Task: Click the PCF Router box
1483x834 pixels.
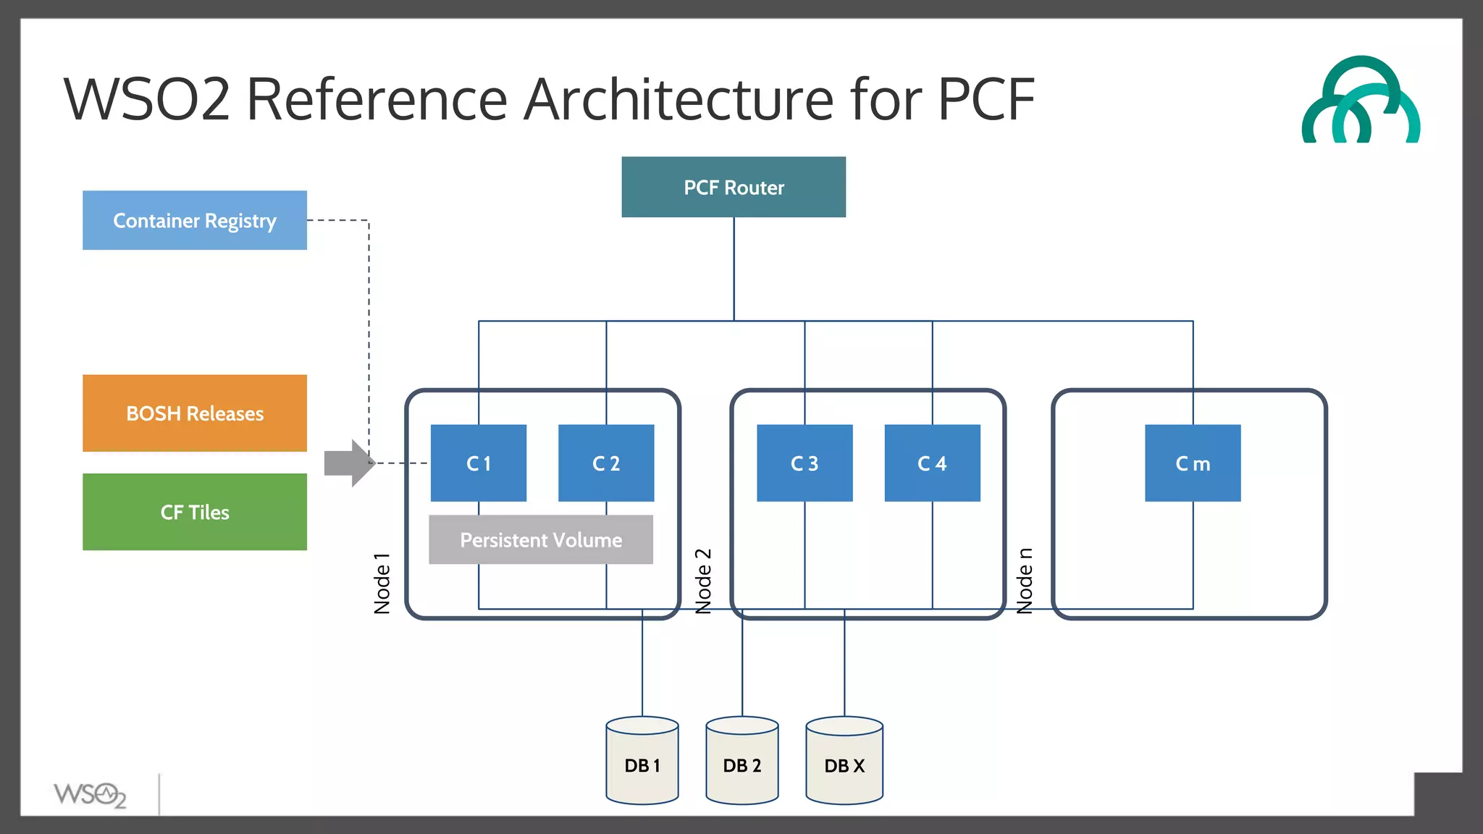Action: (x=733, y=188)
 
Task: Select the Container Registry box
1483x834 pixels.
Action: (x=194, y=220)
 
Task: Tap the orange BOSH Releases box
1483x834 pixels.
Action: (x=194, y=413)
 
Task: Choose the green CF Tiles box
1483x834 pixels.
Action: (x=194, y=512)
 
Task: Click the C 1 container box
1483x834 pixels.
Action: (x=478, y=463)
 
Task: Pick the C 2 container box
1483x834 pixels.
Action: (x=606, y=463)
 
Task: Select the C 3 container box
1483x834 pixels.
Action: (x=804, y=463)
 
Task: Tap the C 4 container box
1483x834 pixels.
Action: (x=932, y=463)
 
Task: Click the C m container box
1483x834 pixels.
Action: (x=1193, y=463)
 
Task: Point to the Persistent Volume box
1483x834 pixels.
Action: (x=541, y=540)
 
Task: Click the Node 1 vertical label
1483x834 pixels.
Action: (x=382, y=584)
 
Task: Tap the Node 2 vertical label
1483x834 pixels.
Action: (x=703, y=581)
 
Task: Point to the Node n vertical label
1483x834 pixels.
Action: (x=1025, y=581)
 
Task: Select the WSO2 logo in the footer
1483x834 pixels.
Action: (x=90, y=795)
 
